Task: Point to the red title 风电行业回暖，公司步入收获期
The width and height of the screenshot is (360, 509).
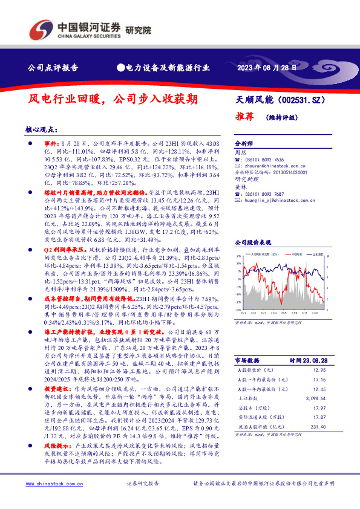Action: pos(113,99)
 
